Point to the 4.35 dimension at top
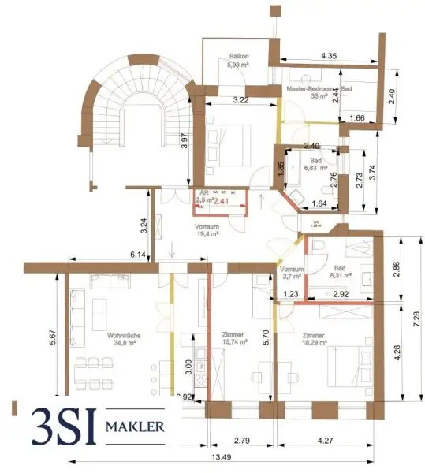tap(330, 56)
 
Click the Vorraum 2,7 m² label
tap(291, 274)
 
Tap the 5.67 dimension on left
tap(53, 337)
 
